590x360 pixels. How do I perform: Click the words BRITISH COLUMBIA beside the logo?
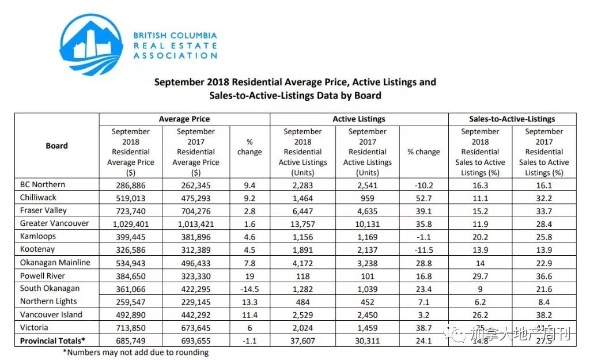coord(175,36)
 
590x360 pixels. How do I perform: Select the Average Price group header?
coord(184,119)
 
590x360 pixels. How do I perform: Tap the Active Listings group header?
coord(359,119)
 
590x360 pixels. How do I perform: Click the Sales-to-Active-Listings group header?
coord(512,119)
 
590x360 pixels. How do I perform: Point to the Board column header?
coord(56,146)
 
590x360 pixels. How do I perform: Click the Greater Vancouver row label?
coord(54,223)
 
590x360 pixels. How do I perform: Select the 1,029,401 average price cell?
coord(131,223)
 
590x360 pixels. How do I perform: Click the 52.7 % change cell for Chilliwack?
coord(423,198)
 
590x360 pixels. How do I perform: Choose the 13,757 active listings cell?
coord(302,223)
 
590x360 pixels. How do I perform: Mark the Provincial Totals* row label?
coord(52,341)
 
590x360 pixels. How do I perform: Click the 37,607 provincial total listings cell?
coord(302,341)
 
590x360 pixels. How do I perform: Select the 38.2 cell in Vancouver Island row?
coord(544,315)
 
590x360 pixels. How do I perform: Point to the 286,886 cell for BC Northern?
coord(131,185)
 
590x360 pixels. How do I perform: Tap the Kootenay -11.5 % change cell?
coord(423,249)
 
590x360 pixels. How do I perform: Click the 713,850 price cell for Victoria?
coord(131,328)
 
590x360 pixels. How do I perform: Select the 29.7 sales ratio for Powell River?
coord(480,276)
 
